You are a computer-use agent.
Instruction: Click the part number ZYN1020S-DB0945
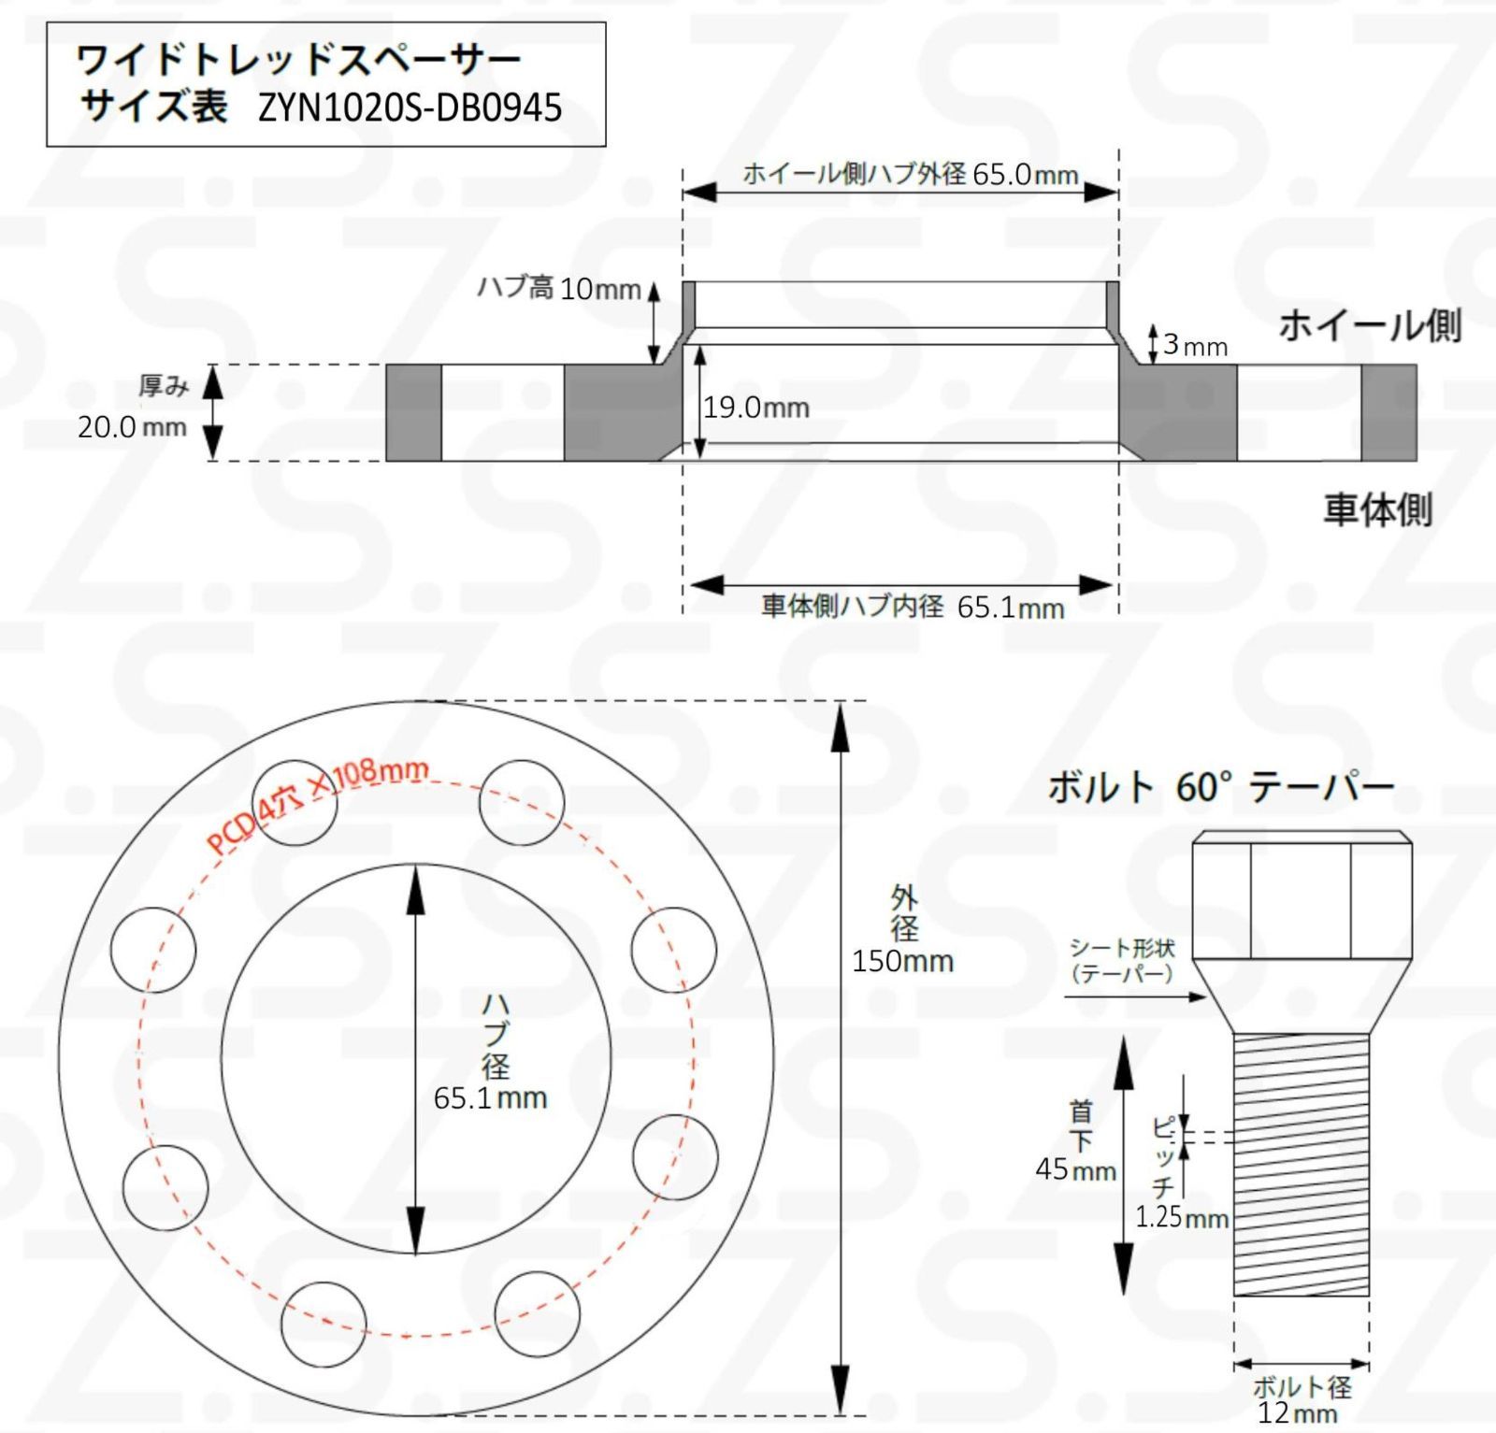[410, 108]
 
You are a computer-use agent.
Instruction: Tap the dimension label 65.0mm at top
[1025, 175]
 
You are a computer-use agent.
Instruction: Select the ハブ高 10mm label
[558, 288]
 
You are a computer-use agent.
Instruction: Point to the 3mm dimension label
[1194, 345]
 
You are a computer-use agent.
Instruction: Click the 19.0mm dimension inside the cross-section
[755, 408]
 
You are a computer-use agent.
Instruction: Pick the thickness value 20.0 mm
[132, 427]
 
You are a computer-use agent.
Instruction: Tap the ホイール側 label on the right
[1369, 326]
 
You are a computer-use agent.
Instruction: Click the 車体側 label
[1377, 510]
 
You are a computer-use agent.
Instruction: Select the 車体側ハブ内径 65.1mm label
[912, 608]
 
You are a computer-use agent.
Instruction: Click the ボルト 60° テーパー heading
[1220, 787]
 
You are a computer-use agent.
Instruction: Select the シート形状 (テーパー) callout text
[1121, 961]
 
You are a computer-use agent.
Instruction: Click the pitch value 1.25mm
[1181, 1217]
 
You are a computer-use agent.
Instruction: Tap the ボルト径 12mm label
[1301, 1399]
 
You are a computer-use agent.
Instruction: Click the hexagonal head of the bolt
[1301, 897]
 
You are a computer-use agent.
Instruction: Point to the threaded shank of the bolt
[1301, 1164]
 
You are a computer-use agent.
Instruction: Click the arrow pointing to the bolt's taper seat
[1136, 996]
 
